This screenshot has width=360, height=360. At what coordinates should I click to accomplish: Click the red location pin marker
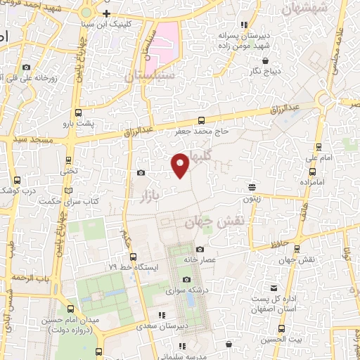click(181, 165)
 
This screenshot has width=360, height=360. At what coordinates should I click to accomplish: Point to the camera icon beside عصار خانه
click(200, 249)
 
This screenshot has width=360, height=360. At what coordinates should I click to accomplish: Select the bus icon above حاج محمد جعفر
click(202, 120)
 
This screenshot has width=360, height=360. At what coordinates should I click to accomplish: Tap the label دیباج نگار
click(267, 71)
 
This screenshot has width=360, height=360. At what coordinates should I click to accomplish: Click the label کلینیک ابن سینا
click(127, 23)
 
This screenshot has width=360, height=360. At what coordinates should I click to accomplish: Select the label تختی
click(69, 170)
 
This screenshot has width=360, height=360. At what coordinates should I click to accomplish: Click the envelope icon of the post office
click(275, 288)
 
